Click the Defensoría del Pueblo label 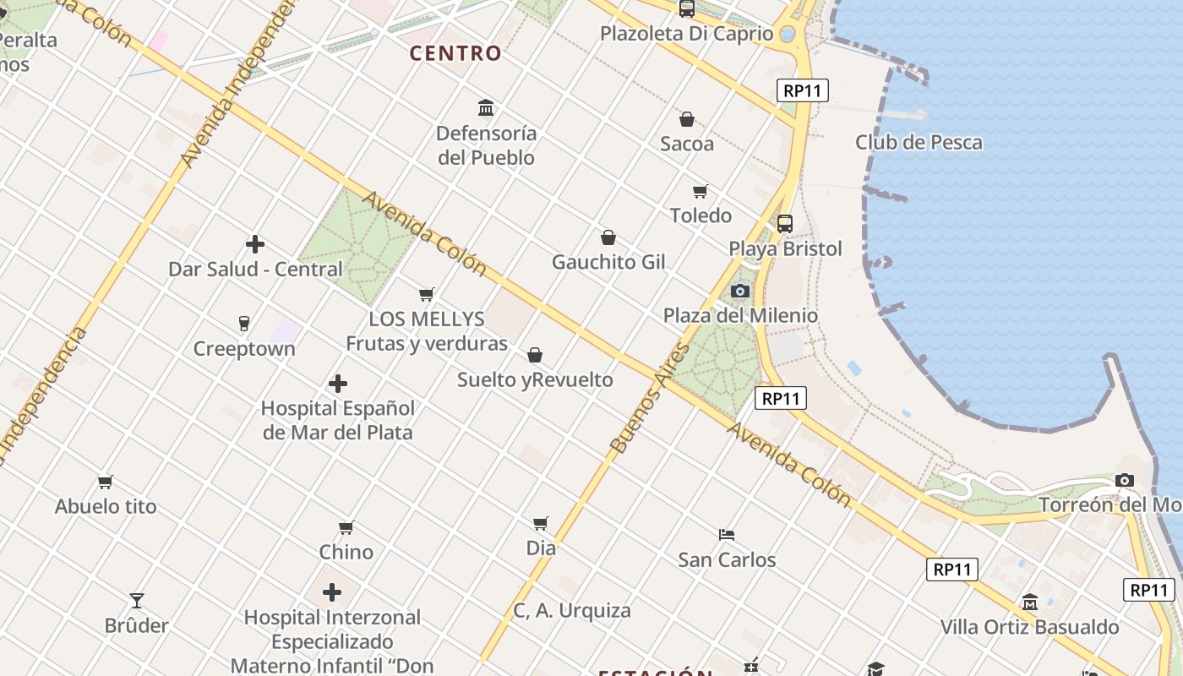pyautogui.click(x=486, y=145)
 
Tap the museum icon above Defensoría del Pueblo pyautogui.click(x=486, y=108)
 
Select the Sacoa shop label pyautogui.click(x=687, y=144)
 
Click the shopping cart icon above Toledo pyautogui.click(x=700, y=191)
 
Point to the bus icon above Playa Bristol pyautogui.click(x=785, y=224)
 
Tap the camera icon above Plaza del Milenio pyautogui.click(x=740, y=292)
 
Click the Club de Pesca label pyautogui.click(x=919, y=142)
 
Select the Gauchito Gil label pyautogui.click(x=608, y=262)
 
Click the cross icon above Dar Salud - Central pyautogui.click(x=255, y=245)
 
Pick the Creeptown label pyautogui.click(x=244, y=349)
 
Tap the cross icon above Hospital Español pyautogui.click(x=338, y=384)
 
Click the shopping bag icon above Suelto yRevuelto pyautogui.click(x=535, y=355)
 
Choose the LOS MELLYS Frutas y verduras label pyautogui.click(x=427, y=331)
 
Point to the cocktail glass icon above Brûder pyautogui.click(x=137, y=601)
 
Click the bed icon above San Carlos pyautogui.click(x=727, y=535)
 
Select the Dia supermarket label pyautogui.click(x=541, y=548)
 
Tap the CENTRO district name pyautogui.click(x=456, y=53)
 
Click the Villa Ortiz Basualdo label pyautogui.click(x=1030, y=627)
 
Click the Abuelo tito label pyautogui.click(x=106, y=507)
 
